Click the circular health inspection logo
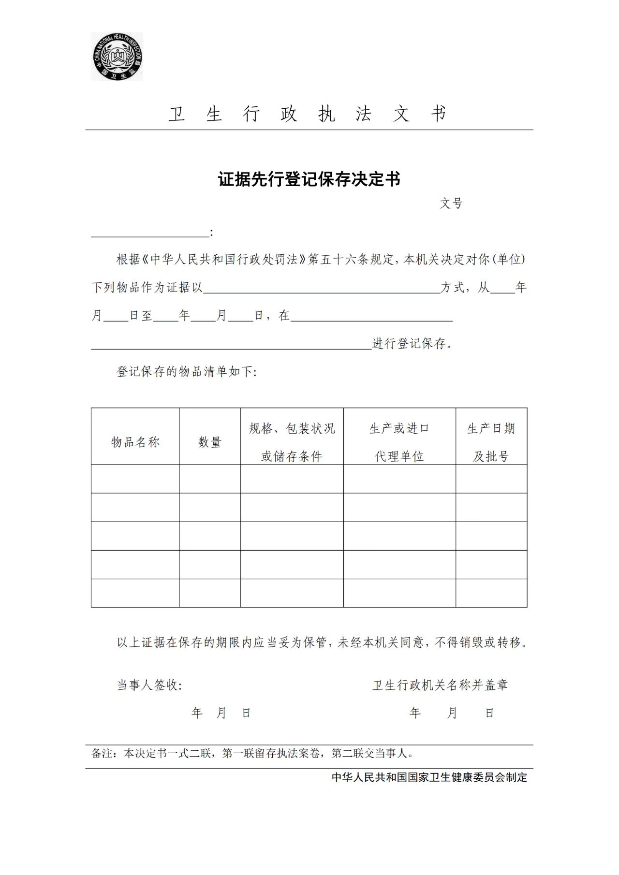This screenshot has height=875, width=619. click(x=117, y=57)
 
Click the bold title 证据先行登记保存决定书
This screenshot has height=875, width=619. click(x=309, y=179)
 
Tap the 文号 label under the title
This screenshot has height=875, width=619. click(x=451, y=204)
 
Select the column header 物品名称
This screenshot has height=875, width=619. click(x=135, y=442)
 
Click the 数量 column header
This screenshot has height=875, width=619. click(x=210, y=442)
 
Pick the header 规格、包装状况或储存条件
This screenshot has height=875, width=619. click(x=292, y=442)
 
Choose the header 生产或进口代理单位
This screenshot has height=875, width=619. click(x=399, y=442)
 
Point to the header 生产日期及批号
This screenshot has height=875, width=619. click(x=491, y=442)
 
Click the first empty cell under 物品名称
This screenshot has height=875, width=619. click(x=135, y=479)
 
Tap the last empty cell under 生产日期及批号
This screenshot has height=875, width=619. click(x=491, y=593)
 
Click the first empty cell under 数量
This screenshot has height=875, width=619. click(x=210, y=479)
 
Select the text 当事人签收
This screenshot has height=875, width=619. click(x=149, y=685)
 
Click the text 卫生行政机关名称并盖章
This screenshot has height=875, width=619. click(x=440, y=685)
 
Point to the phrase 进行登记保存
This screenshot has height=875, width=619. click(x=412, y=344)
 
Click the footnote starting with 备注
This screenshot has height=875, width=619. click(x=252, y=753)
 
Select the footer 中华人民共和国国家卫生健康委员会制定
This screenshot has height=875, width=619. click(x=429, y=777)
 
